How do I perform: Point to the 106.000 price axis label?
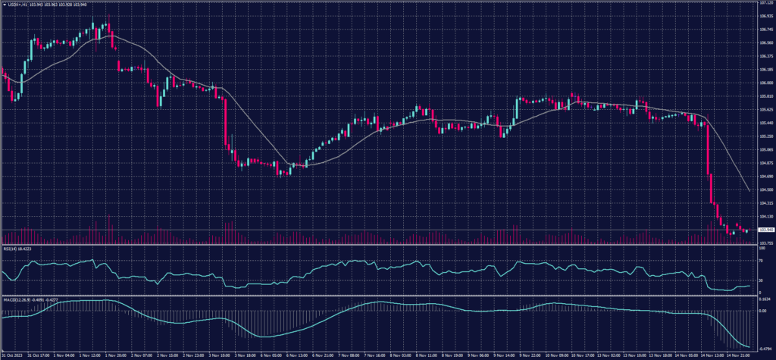tap(765, 83)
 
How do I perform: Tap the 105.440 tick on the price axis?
tap(765, 123)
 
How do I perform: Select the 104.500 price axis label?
tap(765, 189)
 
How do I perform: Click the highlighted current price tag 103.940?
tap(765, 230)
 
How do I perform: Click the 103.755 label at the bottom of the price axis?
tap(765, 243)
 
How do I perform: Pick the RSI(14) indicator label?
tap(17, 248)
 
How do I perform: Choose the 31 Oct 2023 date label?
tap(13, 354)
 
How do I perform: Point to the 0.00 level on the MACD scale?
tap(760, 310)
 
